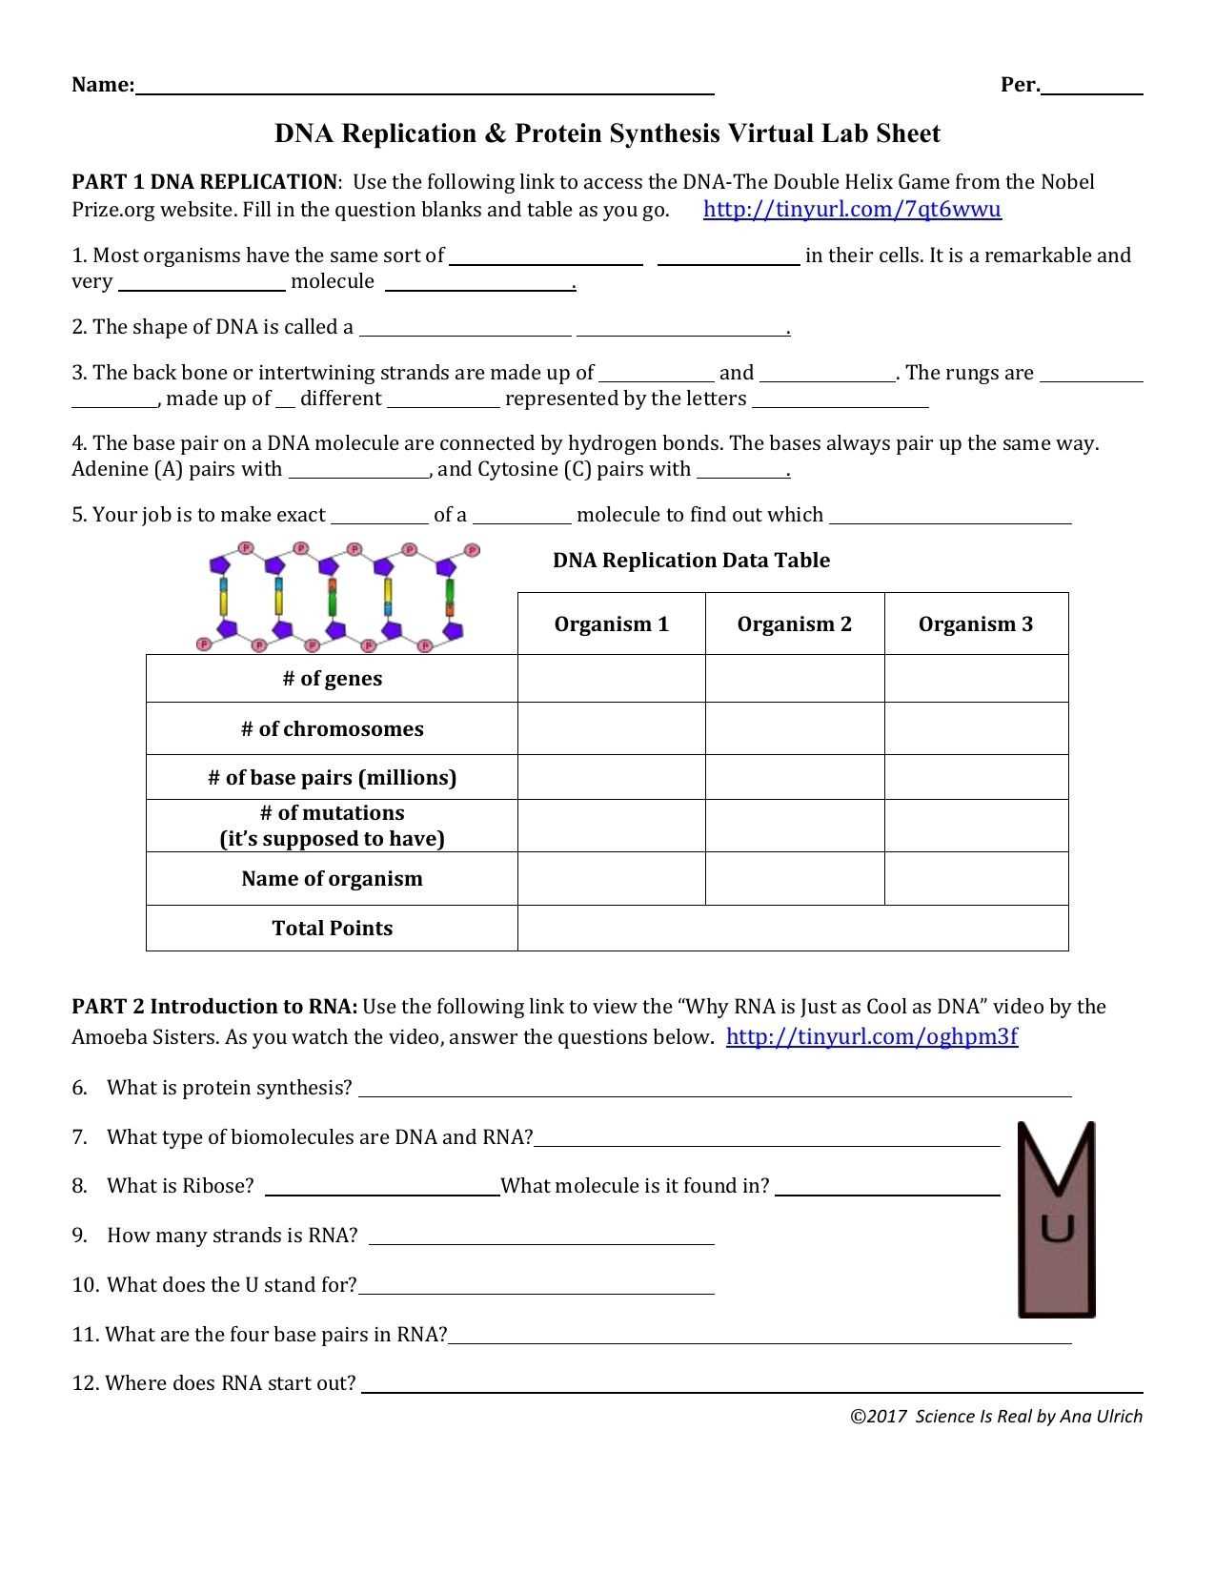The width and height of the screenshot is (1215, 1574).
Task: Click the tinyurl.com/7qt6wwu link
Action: tap(852, 209)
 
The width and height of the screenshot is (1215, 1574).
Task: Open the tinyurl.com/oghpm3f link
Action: tap(872, 1036)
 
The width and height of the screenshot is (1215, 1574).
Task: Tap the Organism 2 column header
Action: tap(794, 624)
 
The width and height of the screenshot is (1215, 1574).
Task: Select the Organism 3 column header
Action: tap(975, 624)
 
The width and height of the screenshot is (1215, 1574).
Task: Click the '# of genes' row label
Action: tap(332, 679)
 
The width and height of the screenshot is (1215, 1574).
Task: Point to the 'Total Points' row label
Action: tap(332, 929)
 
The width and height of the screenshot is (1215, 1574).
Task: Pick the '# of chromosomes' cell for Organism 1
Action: tap(611, 728)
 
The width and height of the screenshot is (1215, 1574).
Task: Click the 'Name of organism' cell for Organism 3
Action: tap(975, 878)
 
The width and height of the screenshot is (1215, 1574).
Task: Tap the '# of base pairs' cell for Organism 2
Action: tap(794, 777)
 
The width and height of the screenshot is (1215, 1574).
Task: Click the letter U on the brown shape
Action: tap(1057, 1228)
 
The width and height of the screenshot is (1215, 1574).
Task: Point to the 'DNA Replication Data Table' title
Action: tap(691, 561)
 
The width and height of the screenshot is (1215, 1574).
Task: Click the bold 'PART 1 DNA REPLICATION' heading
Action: tap(204, 182)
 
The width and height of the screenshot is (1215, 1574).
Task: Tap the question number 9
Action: tap(79, 1236)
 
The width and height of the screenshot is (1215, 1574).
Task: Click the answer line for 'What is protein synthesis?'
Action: tap(715, 1090)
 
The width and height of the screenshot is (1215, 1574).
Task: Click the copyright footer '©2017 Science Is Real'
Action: tap(996, 1417)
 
